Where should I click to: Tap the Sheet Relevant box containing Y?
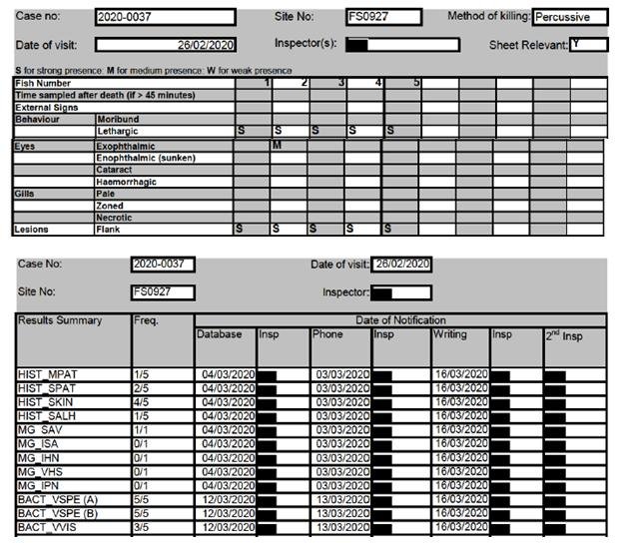point(588,45)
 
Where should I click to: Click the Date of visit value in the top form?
point(166,45)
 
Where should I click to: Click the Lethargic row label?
point(118,132)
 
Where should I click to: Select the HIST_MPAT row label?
point(43,374)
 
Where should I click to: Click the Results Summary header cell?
point(60,320)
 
